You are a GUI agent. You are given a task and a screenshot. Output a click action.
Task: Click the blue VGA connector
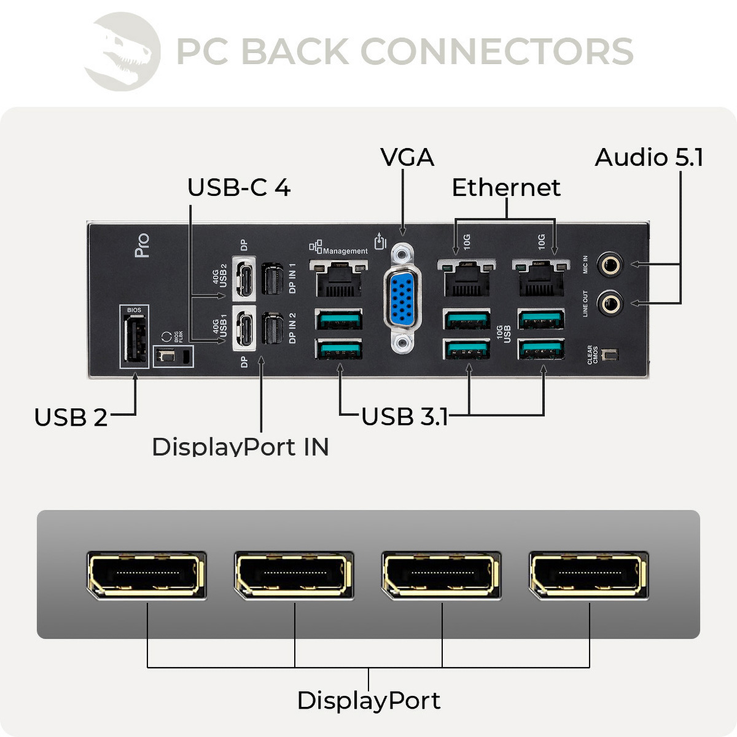click(x=402, y=298)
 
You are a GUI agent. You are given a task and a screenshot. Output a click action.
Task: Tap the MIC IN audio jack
click(x=610, y=265)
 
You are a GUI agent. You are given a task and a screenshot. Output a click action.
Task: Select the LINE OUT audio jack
click(x=610, y=303)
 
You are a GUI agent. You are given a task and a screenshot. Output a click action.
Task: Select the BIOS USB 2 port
click(x=135, y=341)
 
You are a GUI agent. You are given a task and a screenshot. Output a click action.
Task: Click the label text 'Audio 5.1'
click(x=649, y=158)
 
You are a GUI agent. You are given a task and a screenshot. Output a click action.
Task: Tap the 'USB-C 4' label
click(x=238, y=188)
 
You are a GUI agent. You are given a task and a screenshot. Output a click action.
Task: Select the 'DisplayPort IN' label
click(x=240, y=446)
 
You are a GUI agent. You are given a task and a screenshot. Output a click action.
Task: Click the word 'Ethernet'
click(x=505, y=188)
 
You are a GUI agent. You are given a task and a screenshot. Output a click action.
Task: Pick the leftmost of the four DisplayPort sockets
click(x=146, y=575)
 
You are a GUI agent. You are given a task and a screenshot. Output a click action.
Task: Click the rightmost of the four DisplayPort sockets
click(x=588, y=575)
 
